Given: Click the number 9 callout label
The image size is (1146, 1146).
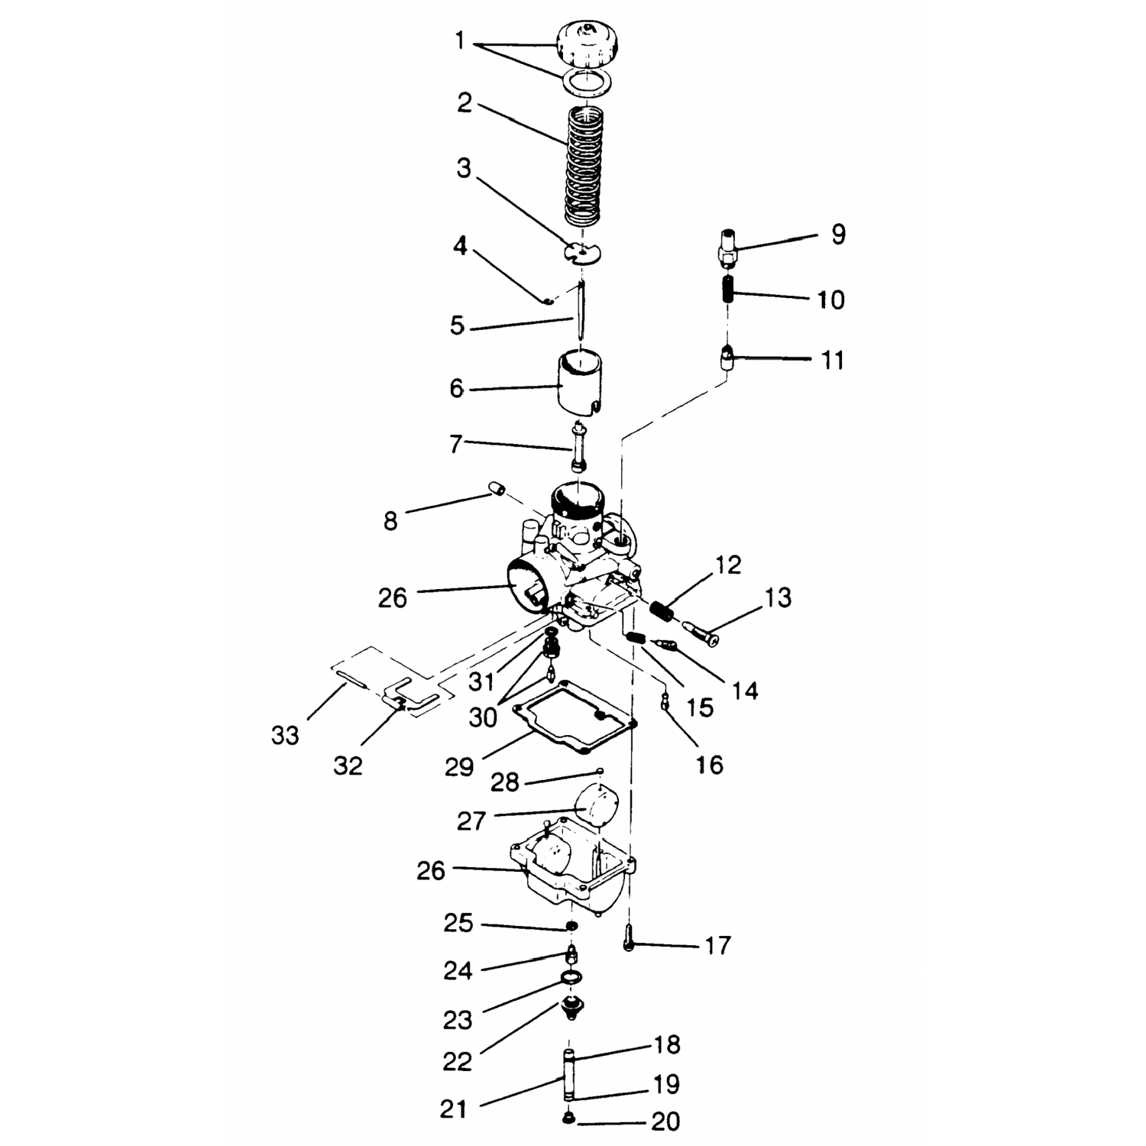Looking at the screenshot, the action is (x=838, y=235).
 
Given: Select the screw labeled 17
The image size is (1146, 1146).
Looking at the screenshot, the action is (x=630, y=937).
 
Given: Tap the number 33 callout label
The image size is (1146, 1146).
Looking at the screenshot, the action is (x=285, y=736).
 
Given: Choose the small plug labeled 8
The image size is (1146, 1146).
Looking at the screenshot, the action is (x=497, y=489).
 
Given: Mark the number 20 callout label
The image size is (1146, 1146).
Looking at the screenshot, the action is (x=665, y=1121).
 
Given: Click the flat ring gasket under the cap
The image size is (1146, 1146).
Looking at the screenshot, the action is (x=587, y=82).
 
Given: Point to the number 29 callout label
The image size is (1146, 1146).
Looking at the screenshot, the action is (x=459, y=766).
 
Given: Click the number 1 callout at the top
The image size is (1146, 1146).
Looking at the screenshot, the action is (x=459, y=41).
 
